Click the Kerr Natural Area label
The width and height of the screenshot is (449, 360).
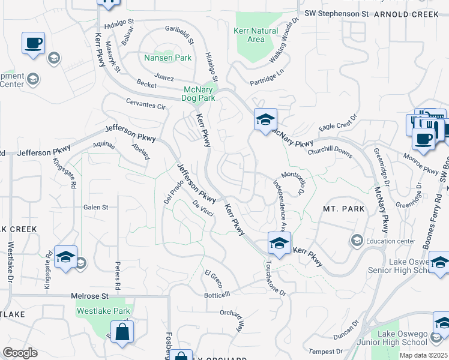[x=255, y=35]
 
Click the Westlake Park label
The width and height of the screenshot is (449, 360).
[x=103, y=311]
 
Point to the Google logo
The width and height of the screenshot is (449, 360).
[x=20, y=353]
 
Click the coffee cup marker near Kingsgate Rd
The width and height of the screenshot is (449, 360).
[x=34, y=44]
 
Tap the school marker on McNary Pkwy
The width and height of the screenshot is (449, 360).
[x=265, y=120]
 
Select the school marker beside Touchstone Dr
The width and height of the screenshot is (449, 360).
[x=279, y=244]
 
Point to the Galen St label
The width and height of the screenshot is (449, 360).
[x=95, y=207]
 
